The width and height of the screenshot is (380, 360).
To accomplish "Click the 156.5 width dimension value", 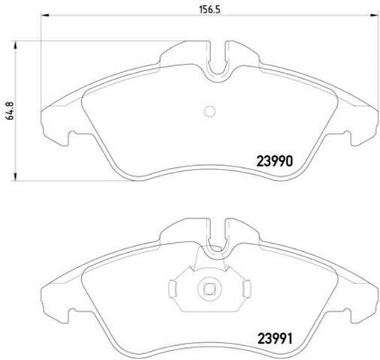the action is coord(210,9).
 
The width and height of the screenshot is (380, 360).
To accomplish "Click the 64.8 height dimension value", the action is coord(11,111).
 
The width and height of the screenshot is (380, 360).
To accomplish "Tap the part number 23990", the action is coord(275,161).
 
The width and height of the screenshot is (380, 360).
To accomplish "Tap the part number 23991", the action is coord(275,339).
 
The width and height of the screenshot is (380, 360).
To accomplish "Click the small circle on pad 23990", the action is coord(210,112).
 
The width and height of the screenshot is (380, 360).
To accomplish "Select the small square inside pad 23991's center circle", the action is coord(208,289).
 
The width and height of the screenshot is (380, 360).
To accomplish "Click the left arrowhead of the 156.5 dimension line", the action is coord(44,16).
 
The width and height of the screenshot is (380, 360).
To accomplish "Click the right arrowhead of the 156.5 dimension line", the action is coord(374,16).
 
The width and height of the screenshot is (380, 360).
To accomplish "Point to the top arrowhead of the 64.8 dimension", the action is coord(16,45).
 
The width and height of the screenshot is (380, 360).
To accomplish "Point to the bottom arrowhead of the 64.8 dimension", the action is coord(16,176).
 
